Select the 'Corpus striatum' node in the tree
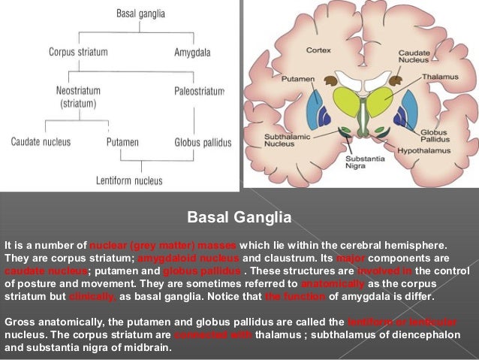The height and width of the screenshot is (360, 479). pyautogui.click(x=78, y=52)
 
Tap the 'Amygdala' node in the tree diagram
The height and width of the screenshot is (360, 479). pyautogui.click(x=192, y=52)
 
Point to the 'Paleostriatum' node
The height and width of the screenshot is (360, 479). pyautogui.click(x=199, y=91)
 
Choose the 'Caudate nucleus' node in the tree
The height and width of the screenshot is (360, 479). pyautogui.click(x=41, y=141)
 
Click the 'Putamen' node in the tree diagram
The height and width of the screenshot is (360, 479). pyautogui.click(x=123, y=141)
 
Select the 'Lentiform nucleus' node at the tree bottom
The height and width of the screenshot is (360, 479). pyautogui.click(x=129, y=180)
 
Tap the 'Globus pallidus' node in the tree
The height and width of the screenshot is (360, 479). pyautogui.click(x=203, y=141)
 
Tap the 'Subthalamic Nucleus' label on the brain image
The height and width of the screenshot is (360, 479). pyautogui.click(x=282, y=141)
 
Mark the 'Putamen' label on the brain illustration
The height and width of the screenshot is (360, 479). pyautogui.click(x=296, y=77)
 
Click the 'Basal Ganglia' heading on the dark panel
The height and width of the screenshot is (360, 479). pyautogui.click(x=239, y=219)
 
